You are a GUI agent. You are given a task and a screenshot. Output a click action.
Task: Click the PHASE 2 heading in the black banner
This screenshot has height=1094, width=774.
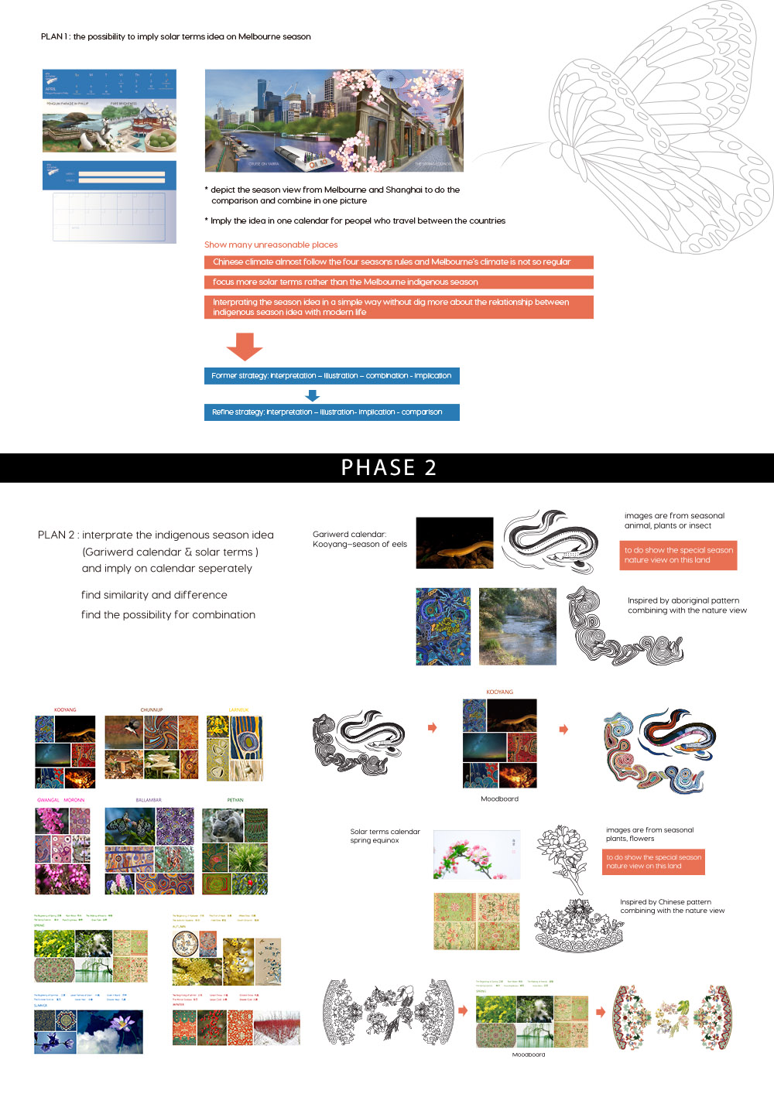(x=389, y=467)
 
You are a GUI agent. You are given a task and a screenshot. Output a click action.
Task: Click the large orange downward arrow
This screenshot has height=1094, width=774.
(x=245, y=347)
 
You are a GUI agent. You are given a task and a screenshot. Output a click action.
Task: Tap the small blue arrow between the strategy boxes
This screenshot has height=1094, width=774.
(x=313, y=395)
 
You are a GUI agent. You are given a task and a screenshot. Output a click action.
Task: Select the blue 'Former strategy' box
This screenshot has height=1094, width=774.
(x=332, y=376)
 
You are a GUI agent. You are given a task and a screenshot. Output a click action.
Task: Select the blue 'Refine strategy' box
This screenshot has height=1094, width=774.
(x=332, y=412)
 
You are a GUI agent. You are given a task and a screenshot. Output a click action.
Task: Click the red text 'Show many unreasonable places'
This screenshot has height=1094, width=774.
(x=271, y=244)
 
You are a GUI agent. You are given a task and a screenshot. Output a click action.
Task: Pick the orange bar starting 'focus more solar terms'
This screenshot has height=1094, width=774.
(x=399, y=282)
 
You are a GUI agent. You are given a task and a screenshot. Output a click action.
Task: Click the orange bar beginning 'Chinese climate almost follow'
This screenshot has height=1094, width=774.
(x=399, y=262)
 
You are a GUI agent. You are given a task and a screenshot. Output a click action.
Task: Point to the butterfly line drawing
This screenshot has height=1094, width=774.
(x=658, y=132)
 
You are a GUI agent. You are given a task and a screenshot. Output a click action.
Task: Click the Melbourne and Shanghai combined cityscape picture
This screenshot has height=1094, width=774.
(x=334, y=121)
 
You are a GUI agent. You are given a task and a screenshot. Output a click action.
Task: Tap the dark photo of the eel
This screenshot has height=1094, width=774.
(x=454, y=543)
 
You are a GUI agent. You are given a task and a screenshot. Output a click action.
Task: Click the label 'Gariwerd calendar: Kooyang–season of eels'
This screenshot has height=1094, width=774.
(x=359, y=539)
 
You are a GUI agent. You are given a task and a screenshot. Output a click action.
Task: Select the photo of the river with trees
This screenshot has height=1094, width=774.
(x=517, y=627)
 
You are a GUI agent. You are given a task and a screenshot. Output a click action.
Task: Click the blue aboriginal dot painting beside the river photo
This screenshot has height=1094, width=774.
(x=443, y=627)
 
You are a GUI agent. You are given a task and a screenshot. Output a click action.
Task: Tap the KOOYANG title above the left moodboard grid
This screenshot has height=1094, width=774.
(x=65, y=709)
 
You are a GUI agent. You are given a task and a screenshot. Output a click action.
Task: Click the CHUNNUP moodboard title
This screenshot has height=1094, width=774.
(x=152, y=709)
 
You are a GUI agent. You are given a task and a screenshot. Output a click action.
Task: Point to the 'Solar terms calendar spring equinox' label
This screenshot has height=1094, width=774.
(x=385, y=836)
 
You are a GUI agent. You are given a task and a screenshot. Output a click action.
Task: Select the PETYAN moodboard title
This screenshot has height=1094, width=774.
(x=235, y=800)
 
